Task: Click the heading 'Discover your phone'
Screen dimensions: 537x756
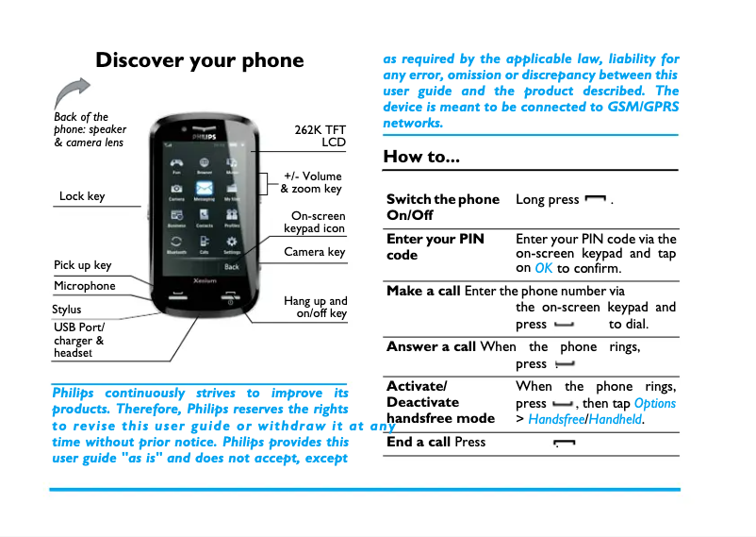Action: (199, 61)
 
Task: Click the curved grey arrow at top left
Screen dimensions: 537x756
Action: (71, 93)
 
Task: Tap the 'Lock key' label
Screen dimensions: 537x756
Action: (82, 196)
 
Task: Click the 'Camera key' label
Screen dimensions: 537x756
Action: (315, 252)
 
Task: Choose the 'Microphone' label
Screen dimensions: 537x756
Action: (85, 286)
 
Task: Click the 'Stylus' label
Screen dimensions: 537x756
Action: (67, 310)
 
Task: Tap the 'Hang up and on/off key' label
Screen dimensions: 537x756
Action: (316, 308)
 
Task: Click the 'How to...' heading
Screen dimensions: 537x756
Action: (421, 157)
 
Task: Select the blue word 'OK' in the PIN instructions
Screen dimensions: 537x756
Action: (544, 269)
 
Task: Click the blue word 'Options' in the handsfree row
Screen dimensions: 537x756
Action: (655, 403)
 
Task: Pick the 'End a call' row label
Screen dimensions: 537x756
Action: (419, 442)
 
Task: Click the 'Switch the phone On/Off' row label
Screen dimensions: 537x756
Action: (443, 207)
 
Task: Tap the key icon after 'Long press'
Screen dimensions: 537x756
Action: (595, 200)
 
